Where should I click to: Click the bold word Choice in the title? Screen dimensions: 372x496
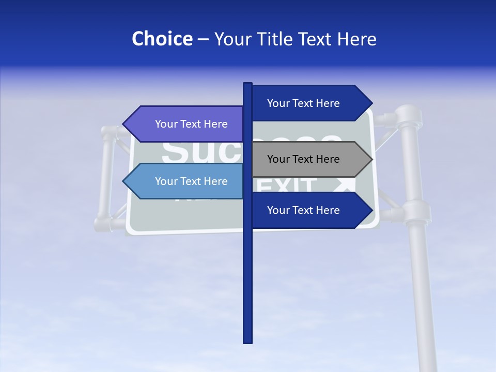pyautogui.click(x=162, y=39)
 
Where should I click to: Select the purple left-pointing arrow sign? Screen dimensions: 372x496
pyautogui.click(x=186, y=124)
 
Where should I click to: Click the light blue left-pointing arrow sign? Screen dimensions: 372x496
pyautogui.click(x=186, y=181)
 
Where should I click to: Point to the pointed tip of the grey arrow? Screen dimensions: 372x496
pyautogui.click(x=371, y=159)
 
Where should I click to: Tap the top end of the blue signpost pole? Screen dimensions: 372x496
pyautogui.click(x=247, y=84)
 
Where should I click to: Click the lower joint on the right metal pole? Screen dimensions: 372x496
pyautogui.click(x=416, y=211)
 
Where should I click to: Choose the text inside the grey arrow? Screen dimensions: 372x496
pyautogui.click(x=303, y=159)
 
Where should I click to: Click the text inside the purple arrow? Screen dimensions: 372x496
pyautogui.click(x=191, y=124)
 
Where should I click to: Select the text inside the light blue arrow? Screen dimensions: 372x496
pyautogui.click(x=191, y=181)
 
